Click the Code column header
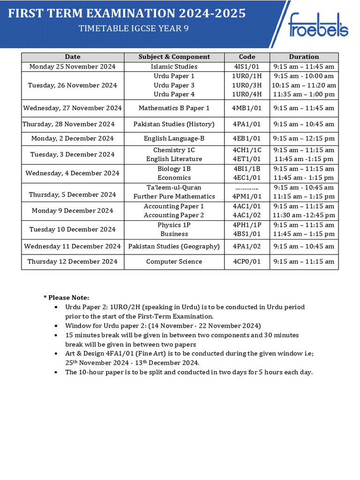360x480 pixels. [x=247, y=57]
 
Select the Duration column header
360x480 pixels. [x=304, y=57]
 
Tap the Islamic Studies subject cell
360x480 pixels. [x=174, y=67]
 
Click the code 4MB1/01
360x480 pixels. [x=247, y=108]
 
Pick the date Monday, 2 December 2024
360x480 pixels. [x=73, y=138]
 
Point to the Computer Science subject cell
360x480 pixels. [x=174, y=262]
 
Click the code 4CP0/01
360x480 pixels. [x=247, y=262]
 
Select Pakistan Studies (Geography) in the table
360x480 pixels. [x=174, y=246]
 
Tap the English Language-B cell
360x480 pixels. [x=174, y=138]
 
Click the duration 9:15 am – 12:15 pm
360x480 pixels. [x=304, y=138]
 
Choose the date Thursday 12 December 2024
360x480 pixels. [x=73, y=262]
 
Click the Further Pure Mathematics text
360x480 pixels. [x=174, y=196]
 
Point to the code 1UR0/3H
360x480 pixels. [x=247, y=85]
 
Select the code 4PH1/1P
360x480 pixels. [x=247, y=225]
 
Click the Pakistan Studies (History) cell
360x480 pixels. [x=174, y=124]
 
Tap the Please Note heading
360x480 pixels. [x=66, y=298]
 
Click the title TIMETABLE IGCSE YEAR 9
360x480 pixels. [x=127, y=29]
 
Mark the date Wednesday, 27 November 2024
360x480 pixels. [x=73, y=108]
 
